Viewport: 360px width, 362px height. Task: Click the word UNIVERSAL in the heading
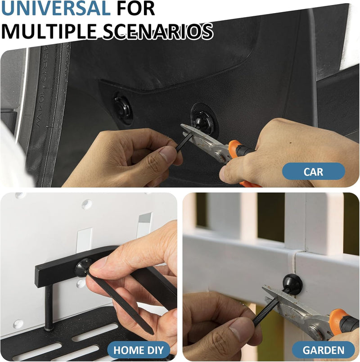[x=56, y=8]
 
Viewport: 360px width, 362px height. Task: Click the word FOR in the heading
[x=136, y=8]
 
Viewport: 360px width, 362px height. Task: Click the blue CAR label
[x=313, y=171]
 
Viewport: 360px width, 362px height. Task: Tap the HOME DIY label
[x=139, y=350]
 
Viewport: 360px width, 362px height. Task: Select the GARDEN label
[x=323, y=350]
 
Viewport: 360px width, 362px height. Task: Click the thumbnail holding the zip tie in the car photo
[x=168, y=154]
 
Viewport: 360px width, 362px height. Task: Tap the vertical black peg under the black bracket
[x=49, y=307]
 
